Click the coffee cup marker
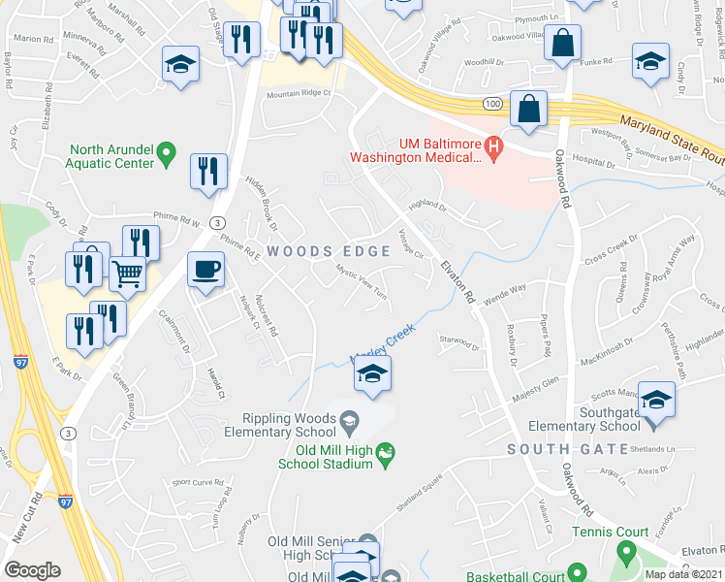click(x=205, y=269)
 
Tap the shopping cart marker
click(x=128, y=275)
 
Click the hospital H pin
click(x=494, y=147)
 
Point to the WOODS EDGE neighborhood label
click(x=329, y=251)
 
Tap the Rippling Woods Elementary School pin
click(x=350, y=420)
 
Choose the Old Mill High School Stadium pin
click(x=386, y=451)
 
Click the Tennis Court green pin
click(x=625, y=555)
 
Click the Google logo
click(x=32, y=570)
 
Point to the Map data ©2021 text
click(x=684, y=574)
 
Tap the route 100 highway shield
click(x=494, y=102)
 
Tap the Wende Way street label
click(x=505, y=288)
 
